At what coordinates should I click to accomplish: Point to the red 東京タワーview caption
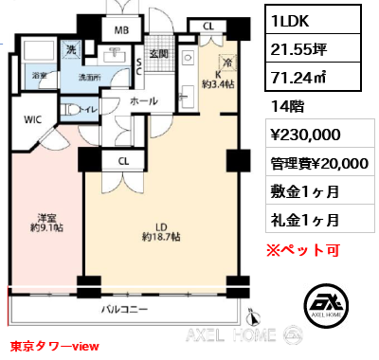tap(48, 347)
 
